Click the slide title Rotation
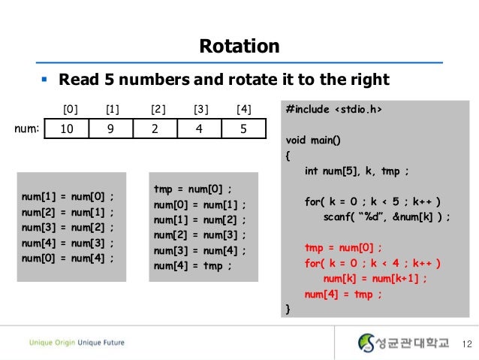point(239,47)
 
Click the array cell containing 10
point(66,129)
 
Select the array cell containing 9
point(110,129)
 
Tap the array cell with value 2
point(155,129)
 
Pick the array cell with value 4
point(199,129)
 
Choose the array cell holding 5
point(243,129)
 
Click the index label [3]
point(200,109)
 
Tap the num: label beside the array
point(27,128)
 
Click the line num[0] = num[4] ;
point(68,258)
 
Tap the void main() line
point(314,141)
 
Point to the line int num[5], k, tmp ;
point(357,171)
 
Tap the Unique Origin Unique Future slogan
point(77,343)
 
